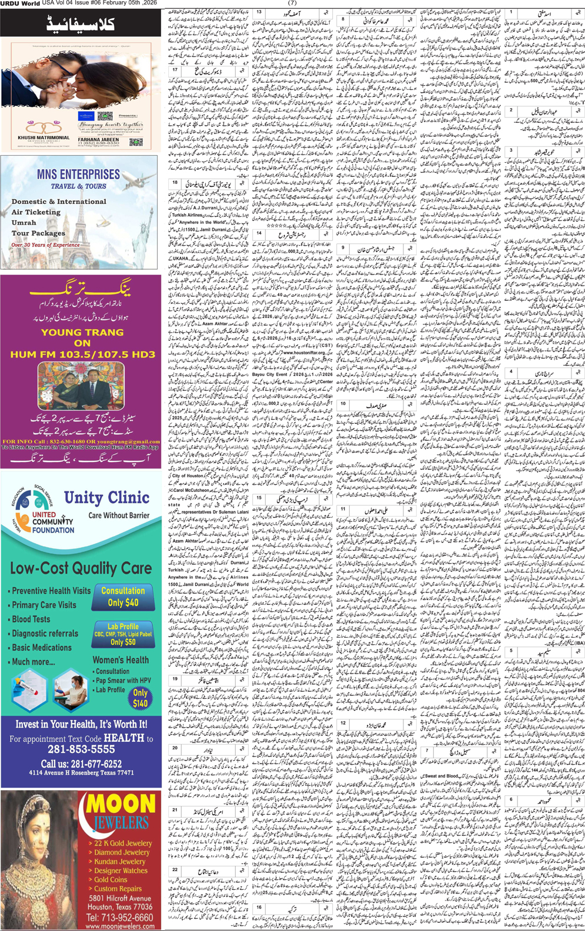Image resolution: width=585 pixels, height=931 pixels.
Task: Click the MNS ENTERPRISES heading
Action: click(x=78, y=175)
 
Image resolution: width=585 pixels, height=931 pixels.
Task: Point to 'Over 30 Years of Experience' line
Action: click(x=45, y=245)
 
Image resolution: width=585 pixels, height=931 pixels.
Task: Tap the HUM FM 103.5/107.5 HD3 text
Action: click(x=82, y=354)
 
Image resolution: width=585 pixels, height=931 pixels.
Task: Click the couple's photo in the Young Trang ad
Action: click(x=81, y=386)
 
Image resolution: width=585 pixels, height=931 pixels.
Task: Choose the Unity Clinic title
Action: click(x=106, y=498)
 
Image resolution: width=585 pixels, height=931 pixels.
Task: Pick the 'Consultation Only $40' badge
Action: click(x=123, y=597)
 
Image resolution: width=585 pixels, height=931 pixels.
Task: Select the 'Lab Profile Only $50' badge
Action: click(x=123, y=634)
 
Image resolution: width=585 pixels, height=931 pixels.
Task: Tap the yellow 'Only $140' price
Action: click(x=140, y=698)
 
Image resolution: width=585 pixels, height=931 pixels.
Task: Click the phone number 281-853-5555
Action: click(x=81, y=749)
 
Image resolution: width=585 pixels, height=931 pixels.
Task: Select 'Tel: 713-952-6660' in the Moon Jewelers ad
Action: click(x=119, y=917)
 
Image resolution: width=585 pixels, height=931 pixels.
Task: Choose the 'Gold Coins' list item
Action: click(x=111, y=879)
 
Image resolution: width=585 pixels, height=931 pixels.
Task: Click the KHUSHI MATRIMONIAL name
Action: click(x=44, y=138)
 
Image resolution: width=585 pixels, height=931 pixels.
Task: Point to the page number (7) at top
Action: click(x=292, y=3)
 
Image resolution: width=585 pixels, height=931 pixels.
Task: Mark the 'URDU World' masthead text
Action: click(x=20, y=4)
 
